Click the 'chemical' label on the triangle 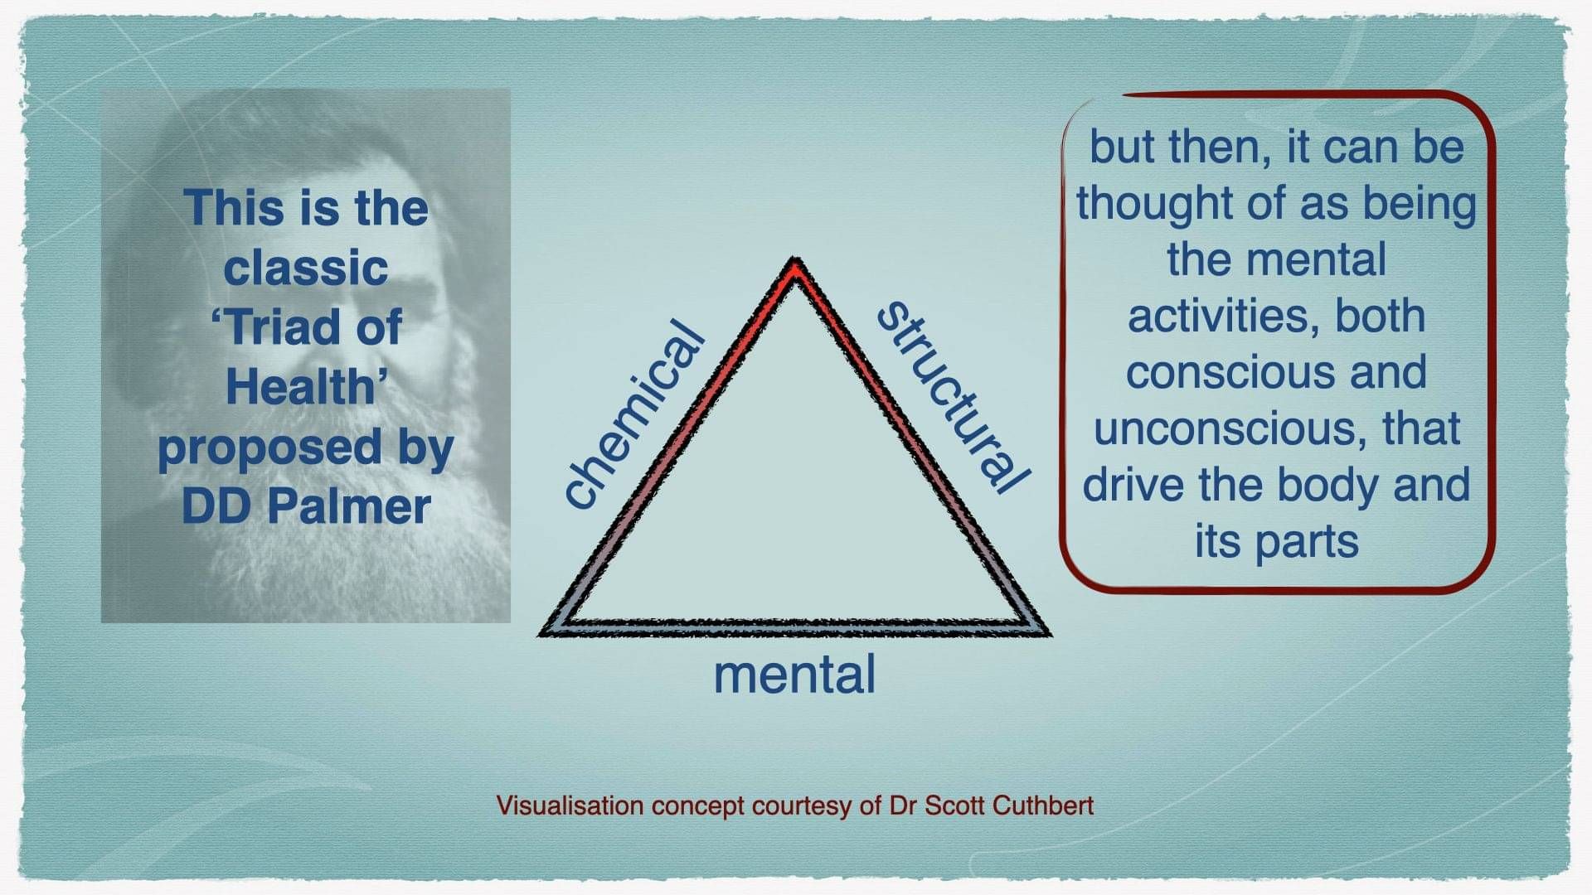[634, 414]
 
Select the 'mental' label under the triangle [794, 675]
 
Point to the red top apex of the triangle [795, 268]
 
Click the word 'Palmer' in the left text [349, 506]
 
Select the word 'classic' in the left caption [306, 268]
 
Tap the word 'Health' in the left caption [301, 387]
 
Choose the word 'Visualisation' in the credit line [570, 805]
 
